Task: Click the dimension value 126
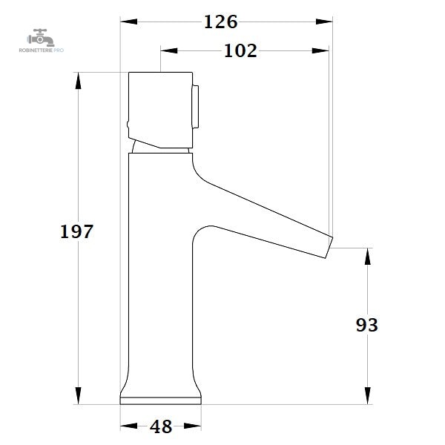(x=221, y=22)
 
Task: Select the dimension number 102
(x=240, y=51)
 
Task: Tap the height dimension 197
(x=76, y=231)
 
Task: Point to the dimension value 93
(x=367, y=325)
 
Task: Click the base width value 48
(x=161, y=426)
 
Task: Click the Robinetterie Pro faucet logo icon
(x=41, y=38)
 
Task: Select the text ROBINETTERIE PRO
(x=42, y=50)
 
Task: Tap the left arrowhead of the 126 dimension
(x=129, y=22)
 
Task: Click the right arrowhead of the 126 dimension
(x=324, y=22)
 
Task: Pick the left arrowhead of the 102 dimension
(x=169, y=50)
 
